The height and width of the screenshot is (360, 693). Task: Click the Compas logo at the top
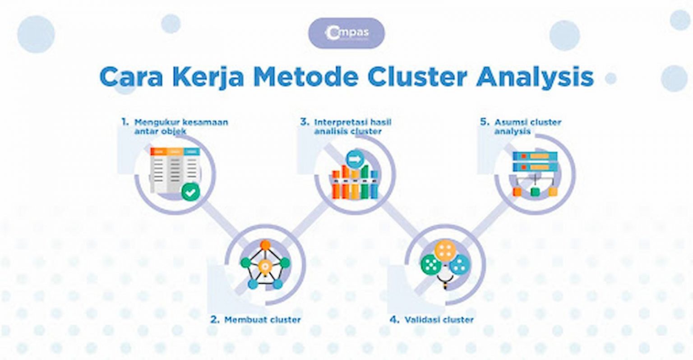[x=346, y=33]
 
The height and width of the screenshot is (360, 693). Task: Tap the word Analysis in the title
[x=535, y=77]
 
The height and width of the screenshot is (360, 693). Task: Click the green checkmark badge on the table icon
[x=190, y=193]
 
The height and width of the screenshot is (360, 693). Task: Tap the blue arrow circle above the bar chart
[x=355, y=159]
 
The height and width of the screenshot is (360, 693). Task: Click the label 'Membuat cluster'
[x=262, y=320]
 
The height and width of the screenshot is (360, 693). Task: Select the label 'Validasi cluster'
[x=439, y=320]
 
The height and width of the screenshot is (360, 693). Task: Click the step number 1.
[x=125, y=122]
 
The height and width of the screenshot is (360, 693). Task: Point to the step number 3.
[x=305, y=122]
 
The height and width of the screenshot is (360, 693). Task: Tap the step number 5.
[x=485, y=122]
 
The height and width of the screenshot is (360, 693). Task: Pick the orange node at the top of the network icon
[x=266, y=245]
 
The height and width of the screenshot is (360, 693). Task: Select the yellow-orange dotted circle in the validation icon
[x=444, y=251]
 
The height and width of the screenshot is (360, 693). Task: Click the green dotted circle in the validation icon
[x=430, y=264]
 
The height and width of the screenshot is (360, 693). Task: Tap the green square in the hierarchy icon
[x=535, y=192]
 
